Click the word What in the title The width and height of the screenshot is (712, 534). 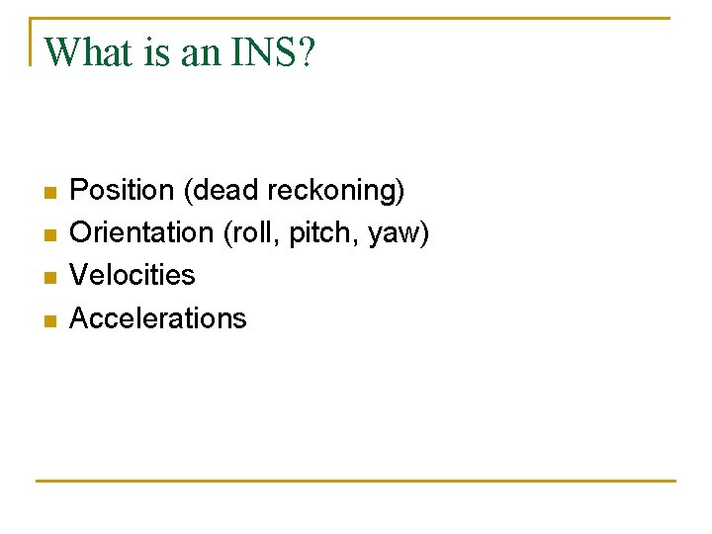(90, 51)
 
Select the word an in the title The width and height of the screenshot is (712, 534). (201, 51)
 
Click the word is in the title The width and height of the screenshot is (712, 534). (157, 51)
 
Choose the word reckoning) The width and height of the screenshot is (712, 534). (345, 189)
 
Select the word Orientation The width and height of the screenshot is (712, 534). (142, 232)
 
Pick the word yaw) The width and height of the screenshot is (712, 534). (399, 232)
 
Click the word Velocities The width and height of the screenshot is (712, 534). (133, 275)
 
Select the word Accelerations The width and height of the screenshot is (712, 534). (158, 318)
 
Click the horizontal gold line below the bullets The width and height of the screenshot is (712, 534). (356, 482)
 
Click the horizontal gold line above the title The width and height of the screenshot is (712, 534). (356, 18)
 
